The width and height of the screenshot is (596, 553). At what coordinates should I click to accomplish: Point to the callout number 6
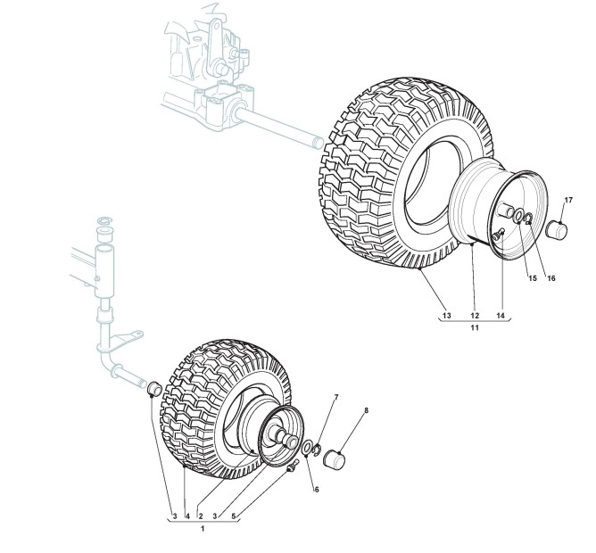(316, 490)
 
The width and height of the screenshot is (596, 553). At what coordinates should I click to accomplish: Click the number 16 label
(551, 278)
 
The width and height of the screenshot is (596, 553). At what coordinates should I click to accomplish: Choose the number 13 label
(447, 315)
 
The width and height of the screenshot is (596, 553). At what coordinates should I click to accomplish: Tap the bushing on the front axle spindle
(153, 389)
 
